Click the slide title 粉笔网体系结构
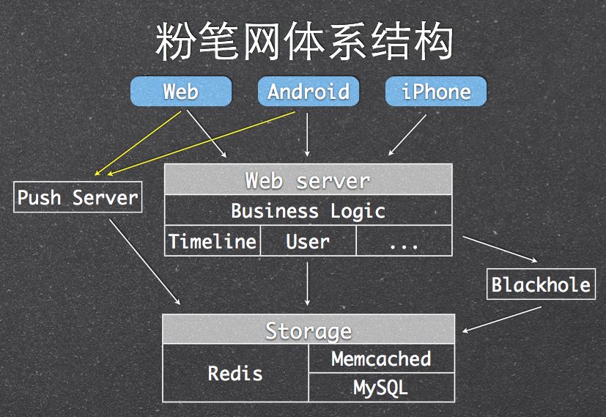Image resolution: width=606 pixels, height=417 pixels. tap(303, 43)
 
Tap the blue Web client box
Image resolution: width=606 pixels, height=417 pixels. tap(180, 92)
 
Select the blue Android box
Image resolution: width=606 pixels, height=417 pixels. tap(308, 92)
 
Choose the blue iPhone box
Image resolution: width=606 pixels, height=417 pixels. tap(436, 92)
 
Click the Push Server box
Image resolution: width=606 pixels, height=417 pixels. tap(78, 198)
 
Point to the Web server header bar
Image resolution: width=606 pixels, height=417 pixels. tap(308, 180)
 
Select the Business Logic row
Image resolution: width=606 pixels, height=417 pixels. tap(308, 211)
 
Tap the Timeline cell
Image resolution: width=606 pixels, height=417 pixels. tap(213, 241)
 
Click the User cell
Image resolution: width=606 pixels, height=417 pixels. tap(308, 241)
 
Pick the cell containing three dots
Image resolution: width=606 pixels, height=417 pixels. tap(404, 241)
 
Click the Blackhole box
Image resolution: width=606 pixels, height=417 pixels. tap(541, 284)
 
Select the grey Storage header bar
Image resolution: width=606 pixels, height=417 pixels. tap(308, 330)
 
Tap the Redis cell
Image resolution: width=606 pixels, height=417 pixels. tap(235, 373)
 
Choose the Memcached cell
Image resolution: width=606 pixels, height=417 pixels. tap(381, 358)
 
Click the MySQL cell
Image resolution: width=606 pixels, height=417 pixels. tap(381, 387)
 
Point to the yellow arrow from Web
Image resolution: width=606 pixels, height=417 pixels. tap(139, 143)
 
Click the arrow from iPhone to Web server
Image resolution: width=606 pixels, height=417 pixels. tap(407, 135)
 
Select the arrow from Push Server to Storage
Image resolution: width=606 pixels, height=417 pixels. tap(144, 259)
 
